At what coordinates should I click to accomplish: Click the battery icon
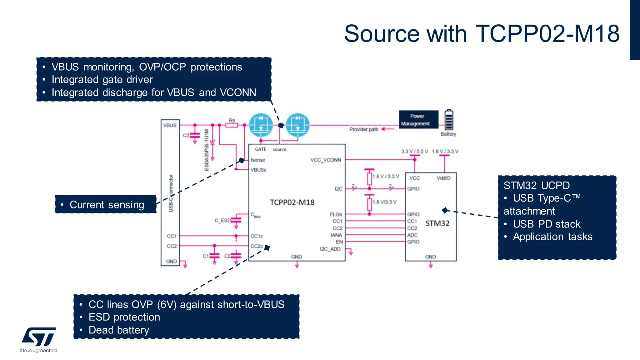tap(449, 120)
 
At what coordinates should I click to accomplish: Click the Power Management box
tap(418, 120)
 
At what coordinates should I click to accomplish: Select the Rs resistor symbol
tap(232, 125)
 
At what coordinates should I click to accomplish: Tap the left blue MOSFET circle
tap(261, 125)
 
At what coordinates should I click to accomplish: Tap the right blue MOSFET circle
tap(298, 125)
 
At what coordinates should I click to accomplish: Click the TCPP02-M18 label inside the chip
tap(292, 202)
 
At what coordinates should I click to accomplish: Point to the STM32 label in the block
tap(437, 223)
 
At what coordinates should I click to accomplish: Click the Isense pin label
tap(257, 160)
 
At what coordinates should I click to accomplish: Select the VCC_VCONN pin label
tap(325, 160)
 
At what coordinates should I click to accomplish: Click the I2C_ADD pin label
tap(330, 249)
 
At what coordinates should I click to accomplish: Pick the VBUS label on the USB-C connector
tap(170, 125)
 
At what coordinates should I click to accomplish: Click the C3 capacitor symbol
tap(195, 135)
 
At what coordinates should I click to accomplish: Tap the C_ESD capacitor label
tap(222, 221)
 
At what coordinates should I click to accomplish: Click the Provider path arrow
tap(387, 129)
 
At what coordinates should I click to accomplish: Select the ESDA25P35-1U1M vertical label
tap(206, 150)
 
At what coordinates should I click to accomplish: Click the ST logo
tap(39, 337)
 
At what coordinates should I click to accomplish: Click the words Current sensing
tap(107, 205)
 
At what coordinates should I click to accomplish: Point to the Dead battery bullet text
tap(119, 330)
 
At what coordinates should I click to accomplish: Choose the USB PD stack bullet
tap(546, 224)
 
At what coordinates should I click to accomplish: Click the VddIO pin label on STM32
tap(443, 178)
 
